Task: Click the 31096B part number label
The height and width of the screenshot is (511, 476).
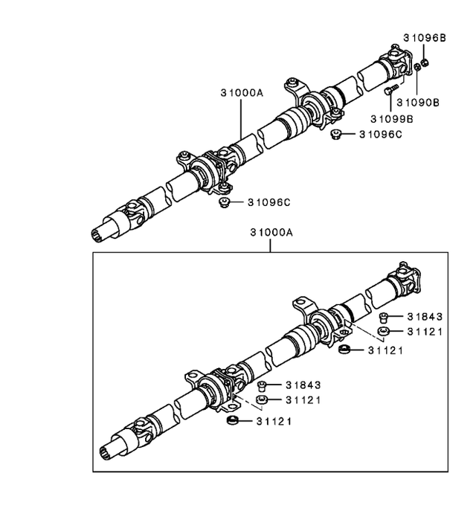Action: click(x=424, y=37)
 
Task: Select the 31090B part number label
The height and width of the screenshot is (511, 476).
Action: click(x=418, y=102)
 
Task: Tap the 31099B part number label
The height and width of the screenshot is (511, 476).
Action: click(x=393, y=118)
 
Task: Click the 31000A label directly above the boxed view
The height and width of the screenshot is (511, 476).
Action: click(x=271, y=232)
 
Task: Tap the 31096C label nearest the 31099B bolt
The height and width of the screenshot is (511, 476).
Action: click(x=380, y=135)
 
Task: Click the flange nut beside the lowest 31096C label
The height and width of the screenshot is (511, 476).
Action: click(x=222, y=202)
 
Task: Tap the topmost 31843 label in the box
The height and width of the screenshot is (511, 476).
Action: click(x=425, y=317)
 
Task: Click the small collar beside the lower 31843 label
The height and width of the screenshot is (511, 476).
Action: click(x=263, y=385)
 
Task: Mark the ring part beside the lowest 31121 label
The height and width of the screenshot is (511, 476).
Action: click(x=232, y=422)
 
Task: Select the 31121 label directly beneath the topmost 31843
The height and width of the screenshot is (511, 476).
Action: click(x=425, y=332)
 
